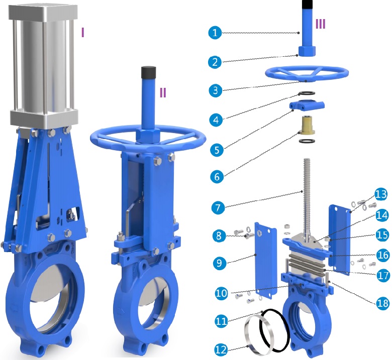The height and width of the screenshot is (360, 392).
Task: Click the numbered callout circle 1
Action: (x=215, y=33)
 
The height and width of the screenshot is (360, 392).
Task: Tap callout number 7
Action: (x=219, y=206)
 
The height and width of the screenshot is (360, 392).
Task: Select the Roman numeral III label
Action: (x=320, y=23)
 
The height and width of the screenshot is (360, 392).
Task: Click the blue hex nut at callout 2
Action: (x=307, y=51)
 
